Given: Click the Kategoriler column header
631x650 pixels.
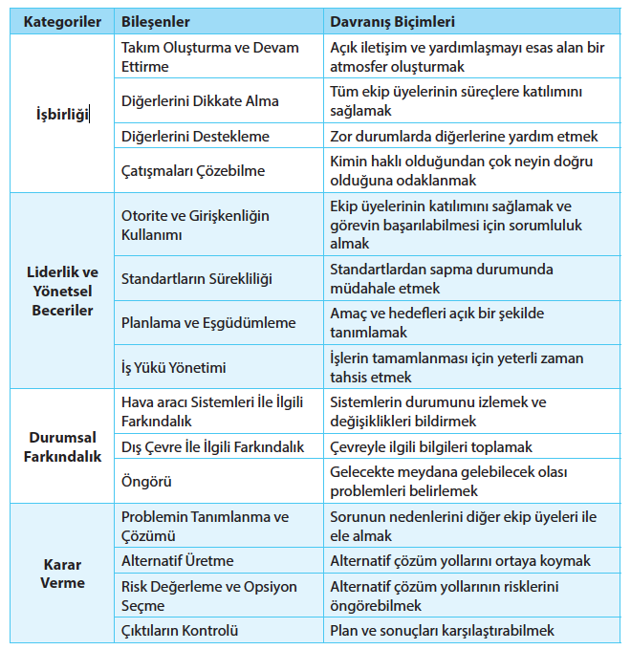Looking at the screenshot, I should pos(62,20).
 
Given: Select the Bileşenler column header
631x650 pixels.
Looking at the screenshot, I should pos(156,20).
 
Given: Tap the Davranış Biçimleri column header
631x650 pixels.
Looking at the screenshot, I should pos(392,20).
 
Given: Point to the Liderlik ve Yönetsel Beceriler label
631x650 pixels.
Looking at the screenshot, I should pos(62,290).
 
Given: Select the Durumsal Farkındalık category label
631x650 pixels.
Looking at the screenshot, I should pos(62,446).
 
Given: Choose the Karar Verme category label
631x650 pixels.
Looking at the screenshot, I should pos(62,573).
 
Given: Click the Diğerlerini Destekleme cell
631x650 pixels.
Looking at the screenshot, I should pos(195,137).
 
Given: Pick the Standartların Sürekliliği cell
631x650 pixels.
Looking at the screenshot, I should pos(197,279).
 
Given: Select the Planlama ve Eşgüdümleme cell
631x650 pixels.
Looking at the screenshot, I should pos(208,323).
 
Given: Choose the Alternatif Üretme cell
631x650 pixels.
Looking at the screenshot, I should pos(178,561).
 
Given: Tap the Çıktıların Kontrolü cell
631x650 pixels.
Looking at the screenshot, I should pos(180,630).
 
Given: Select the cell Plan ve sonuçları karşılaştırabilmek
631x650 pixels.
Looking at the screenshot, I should pos(442,630).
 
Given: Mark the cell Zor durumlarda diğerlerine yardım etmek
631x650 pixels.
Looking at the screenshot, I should pos(464,137).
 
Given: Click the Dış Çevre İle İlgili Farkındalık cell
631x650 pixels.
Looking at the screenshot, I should pos(213,446).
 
